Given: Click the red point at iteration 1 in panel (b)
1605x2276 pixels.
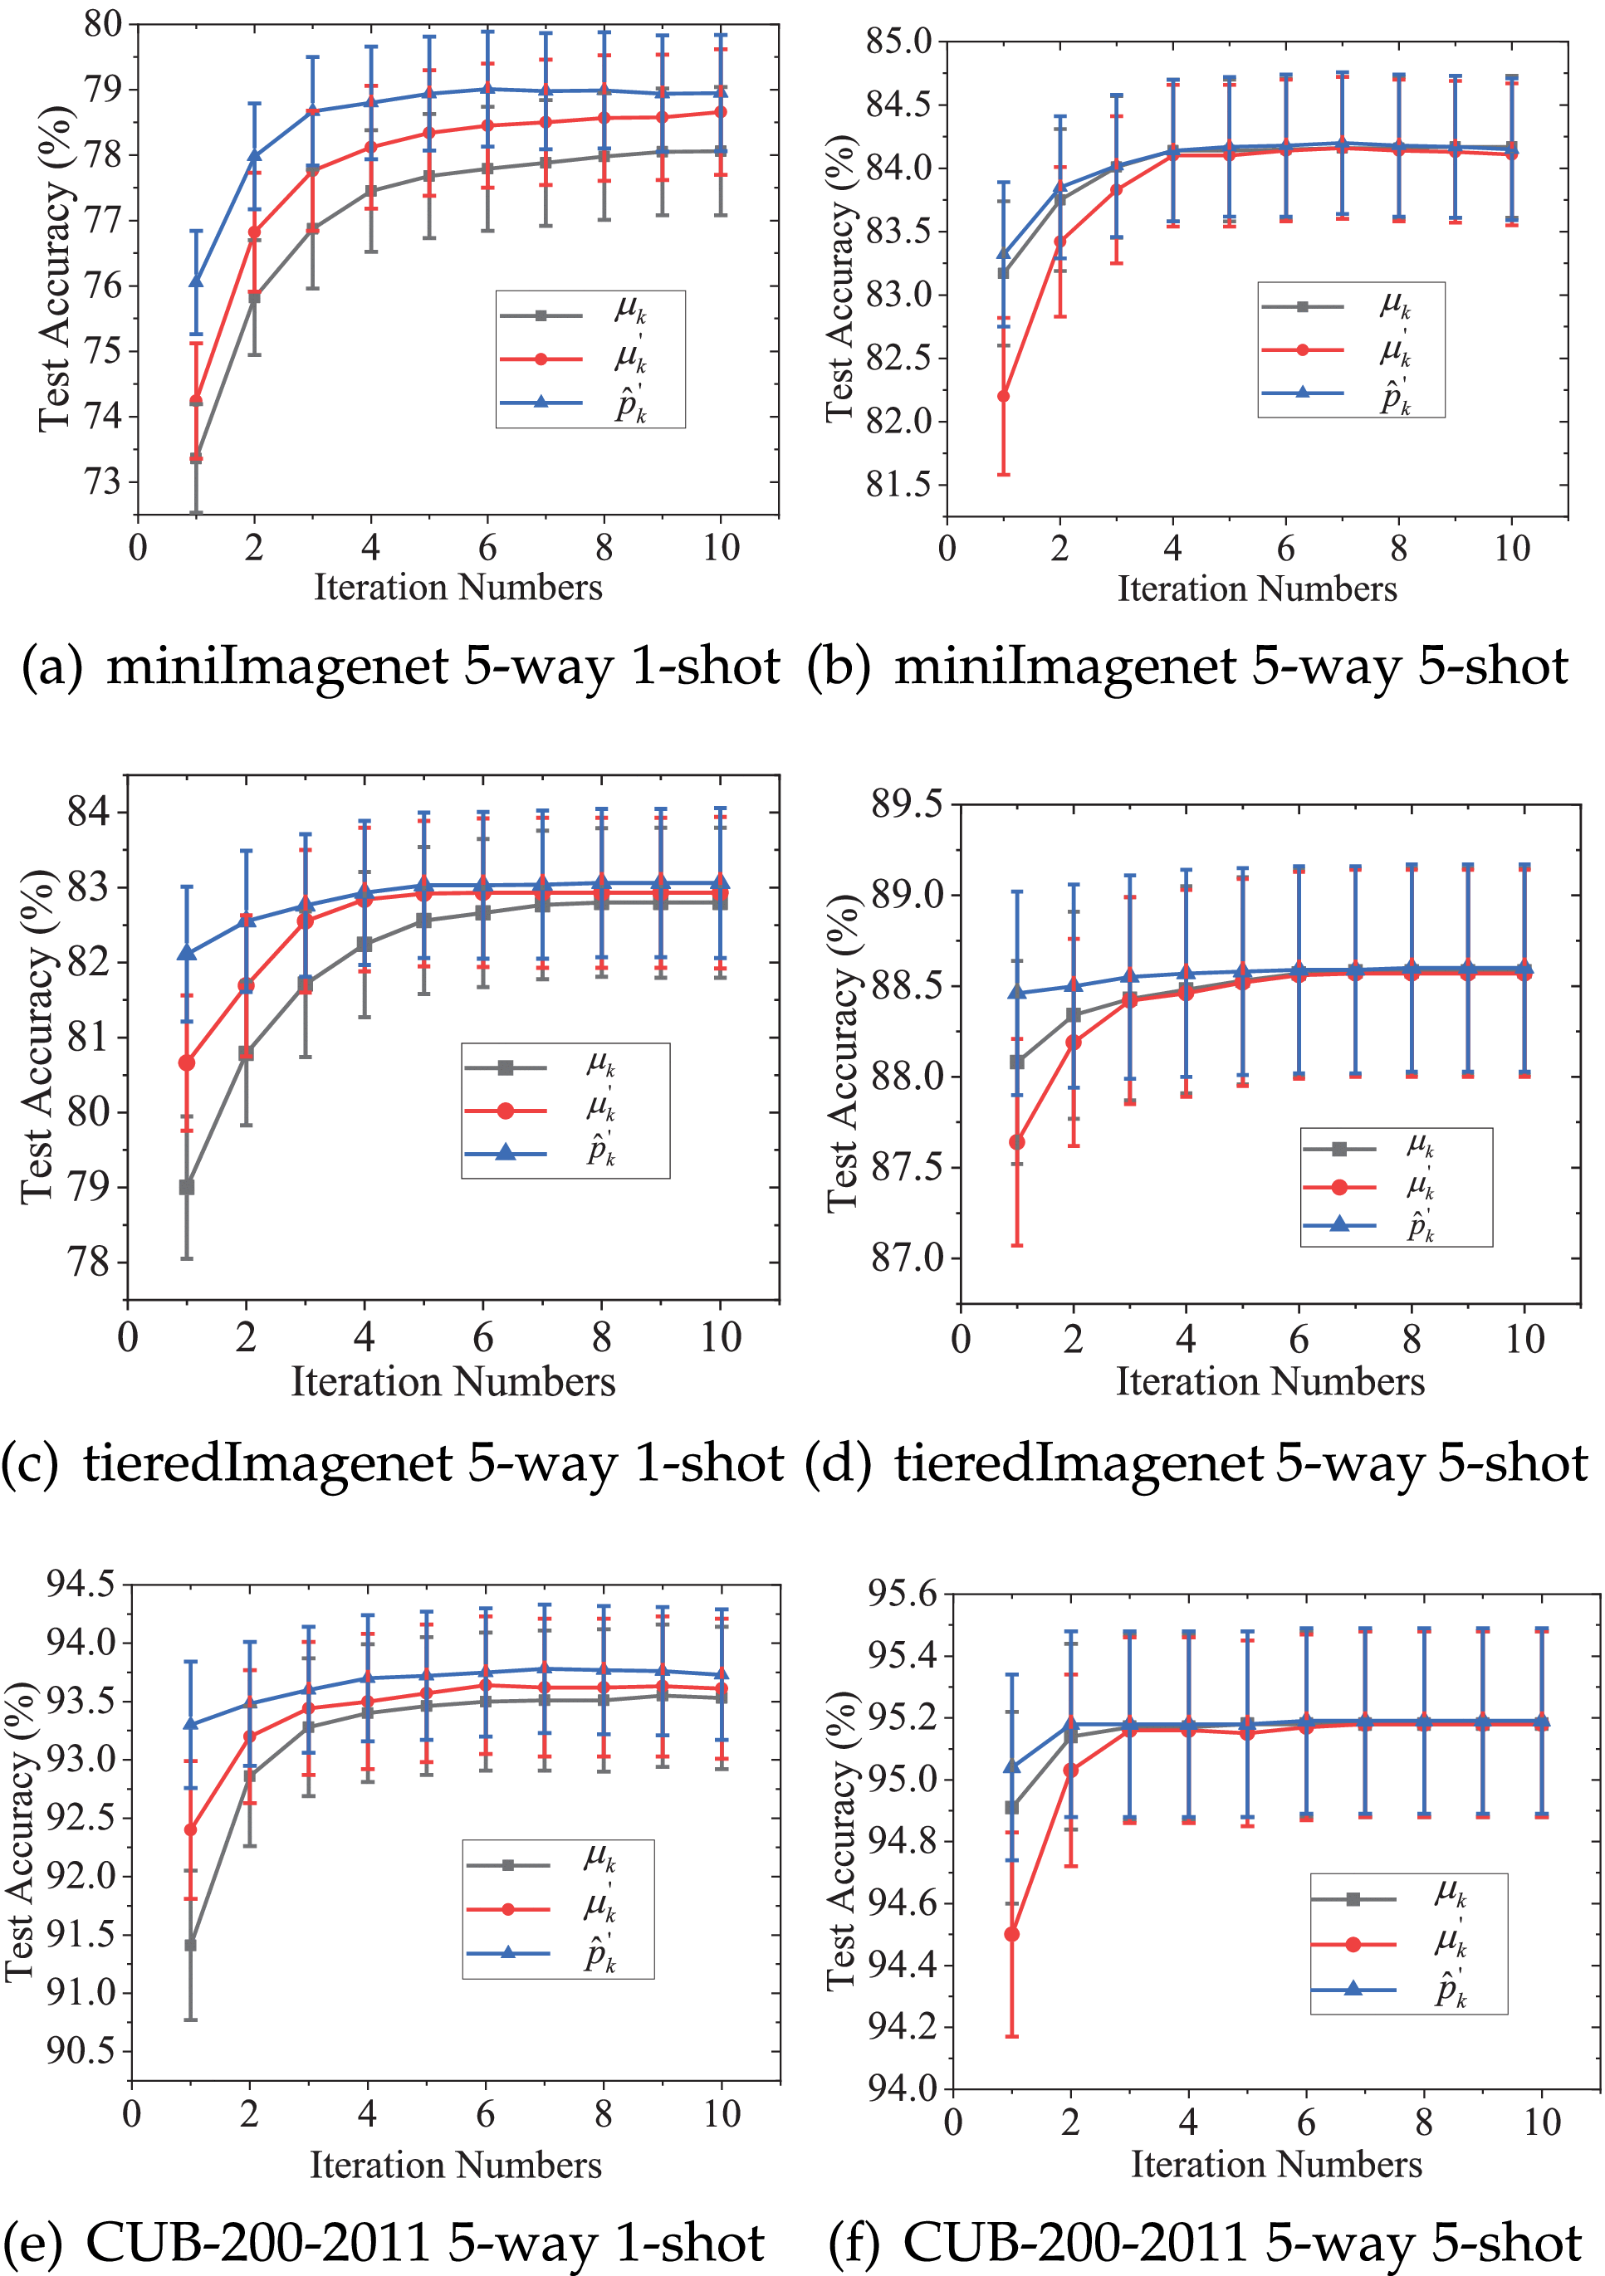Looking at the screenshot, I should pos(1003,396).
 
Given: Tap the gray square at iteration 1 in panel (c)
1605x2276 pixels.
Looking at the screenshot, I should pos(186,1187).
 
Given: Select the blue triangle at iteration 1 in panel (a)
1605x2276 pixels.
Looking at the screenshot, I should pos(196,281).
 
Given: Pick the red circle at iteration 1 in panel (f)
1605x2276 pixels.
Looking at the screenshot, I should pos(1011,1934).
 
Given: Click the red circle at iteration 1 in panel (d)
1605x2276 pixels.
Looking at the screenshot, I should pos(1017,1142).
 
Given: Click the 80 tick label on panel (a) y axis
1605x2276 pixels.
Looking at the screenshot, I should pos(103,24).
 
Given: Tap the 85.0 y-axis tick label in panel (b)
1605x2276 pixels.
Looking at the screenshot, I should pos(899,42).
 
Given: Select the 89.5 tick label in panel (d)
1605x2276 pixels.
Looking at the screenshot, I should pos(906,804).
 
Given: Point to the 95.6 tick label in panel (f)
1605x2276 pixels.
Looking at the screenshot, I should pos(901,1594).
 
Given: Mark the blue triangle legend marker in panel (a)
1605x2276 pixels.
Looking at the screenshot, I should pos(541,402).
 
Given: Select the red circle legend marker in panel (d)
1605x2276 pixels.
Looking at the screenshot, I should pos(1339,1187).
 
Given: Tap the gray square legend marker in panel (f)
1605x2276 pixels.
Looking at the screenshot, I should pos(1353,1899).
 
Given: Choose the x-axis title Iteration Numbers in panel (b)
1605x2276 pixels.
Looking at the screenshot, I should pos(1257,589).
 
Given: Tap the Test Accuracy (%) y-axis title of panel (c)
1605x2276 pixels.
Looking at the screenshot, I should pos(37,1036).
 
